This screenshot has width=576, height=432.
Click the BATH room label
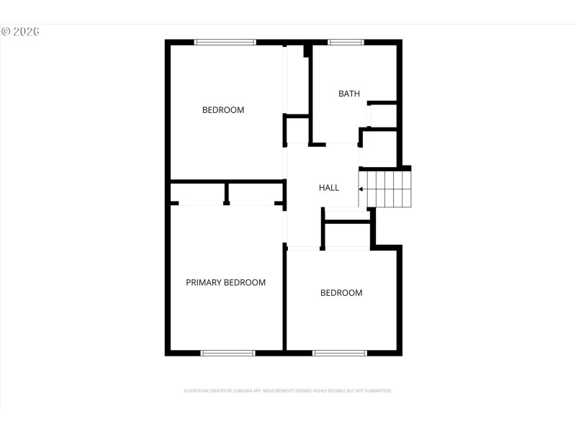tap(349, 94)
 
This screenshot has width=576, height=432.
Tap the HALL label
tap(329, 188)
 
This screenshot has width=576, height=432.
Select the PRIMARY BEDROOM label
tap(225, 282)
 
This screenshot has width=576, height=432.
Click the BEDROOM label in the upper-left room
tap(222, 110)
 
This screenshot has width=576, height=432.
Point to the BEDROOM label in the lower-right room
tap(341, 293)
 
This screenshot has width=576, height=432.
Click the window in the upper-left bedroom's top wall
tap(225, 42)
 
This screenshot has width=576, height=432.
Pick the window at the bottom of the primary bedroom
tap(228, 353)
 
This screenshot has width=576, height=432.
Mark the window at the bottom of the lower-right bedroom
tap(340, 353)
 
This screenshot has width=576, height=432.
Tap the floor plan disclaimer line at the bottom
tap(288, 391)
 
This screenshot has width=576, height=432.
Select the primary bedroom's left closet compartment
tap(199, 193)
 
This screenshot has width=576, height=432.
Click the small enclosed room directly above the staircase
tap(380, 148)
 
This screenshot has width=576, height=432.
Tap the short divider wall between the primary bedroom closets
tap(227, 193)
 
